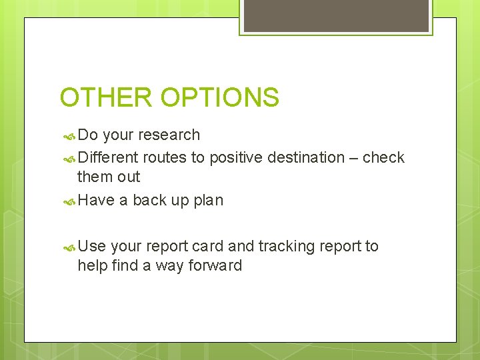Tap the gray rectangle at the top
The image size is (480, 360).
336,15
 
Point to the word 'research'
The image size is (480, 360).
169,135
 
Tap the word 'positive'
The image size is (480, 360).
236,158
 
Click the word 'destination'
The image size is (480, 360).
305,158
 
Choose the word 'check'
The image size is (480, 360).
385,158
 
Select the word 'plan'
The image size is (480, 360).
208,201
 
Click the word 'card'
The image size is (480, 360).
209,247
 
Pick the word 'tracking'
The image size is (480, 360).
286,247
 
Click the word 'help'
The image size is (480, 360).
91,265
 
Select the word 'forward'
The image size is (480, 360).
215,265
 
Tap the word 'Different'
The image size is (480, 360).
108,158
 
